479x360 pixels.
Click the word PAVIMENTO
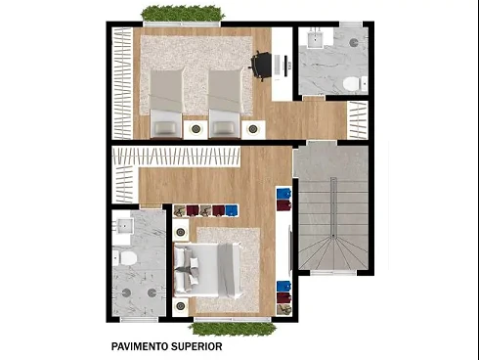pos(140,346)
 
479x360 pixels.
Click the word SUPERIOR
pos(196,346)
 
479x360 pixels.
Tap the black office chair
pos(261,66)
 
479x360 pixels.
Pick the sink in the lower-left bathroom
pos(123,226)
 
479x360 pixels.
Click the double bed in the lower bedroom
pos(208,270)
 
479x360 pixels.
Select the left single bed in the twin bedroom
pos(166,103)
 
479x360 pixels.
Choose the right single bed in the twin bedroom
pos(226,103)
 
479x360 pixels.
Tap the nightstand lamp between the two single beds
pos(196,129)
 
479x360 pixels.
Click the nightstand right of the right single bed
pos(253,129)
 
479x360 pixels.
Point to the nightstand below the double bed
pos(180,306)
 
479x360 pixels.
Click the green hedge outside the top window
pos(183,14)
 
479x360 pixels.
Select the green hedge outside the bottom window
pos(233,329)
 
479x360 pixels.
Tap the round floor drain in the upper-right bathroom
pos(354,42)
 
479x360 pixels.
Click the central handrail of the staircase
pos(333,207)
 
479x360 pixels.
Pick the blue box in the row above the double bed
pos(232,210)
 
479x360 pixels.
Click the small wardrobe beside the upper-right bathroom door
pos(358,119)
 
